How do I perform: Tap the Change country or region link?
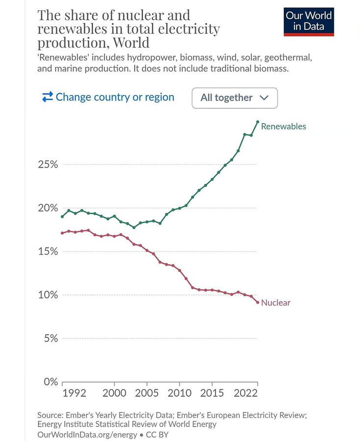coord(108,97)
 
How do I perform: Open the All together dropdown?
coord(235,98)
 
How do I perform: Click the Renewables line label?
coord(283,126)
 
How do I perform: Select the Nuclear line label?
coord(275,303)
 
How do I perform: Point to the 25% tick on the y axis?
coord(48,165)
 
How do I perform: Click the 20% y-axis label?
coord(48,208)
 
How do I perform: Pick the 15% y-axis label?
coord(48,251)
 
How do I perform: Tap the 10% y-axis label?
coord(48,295)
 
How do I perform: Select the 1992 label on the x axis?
coord(75,393)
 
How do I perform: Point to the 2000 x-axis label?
coord(114,393)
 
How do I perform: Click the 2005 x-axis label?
coord(146,393)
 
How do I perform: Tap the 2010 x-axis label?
coord(179,393)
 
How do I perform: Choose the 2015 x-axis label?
coord(212,393)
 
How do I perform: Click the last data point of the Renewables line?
coord(258,122)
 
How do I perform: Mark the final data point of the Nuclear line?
coord(258,302)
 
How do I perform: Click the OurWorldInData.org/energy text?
coord(87,434)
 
